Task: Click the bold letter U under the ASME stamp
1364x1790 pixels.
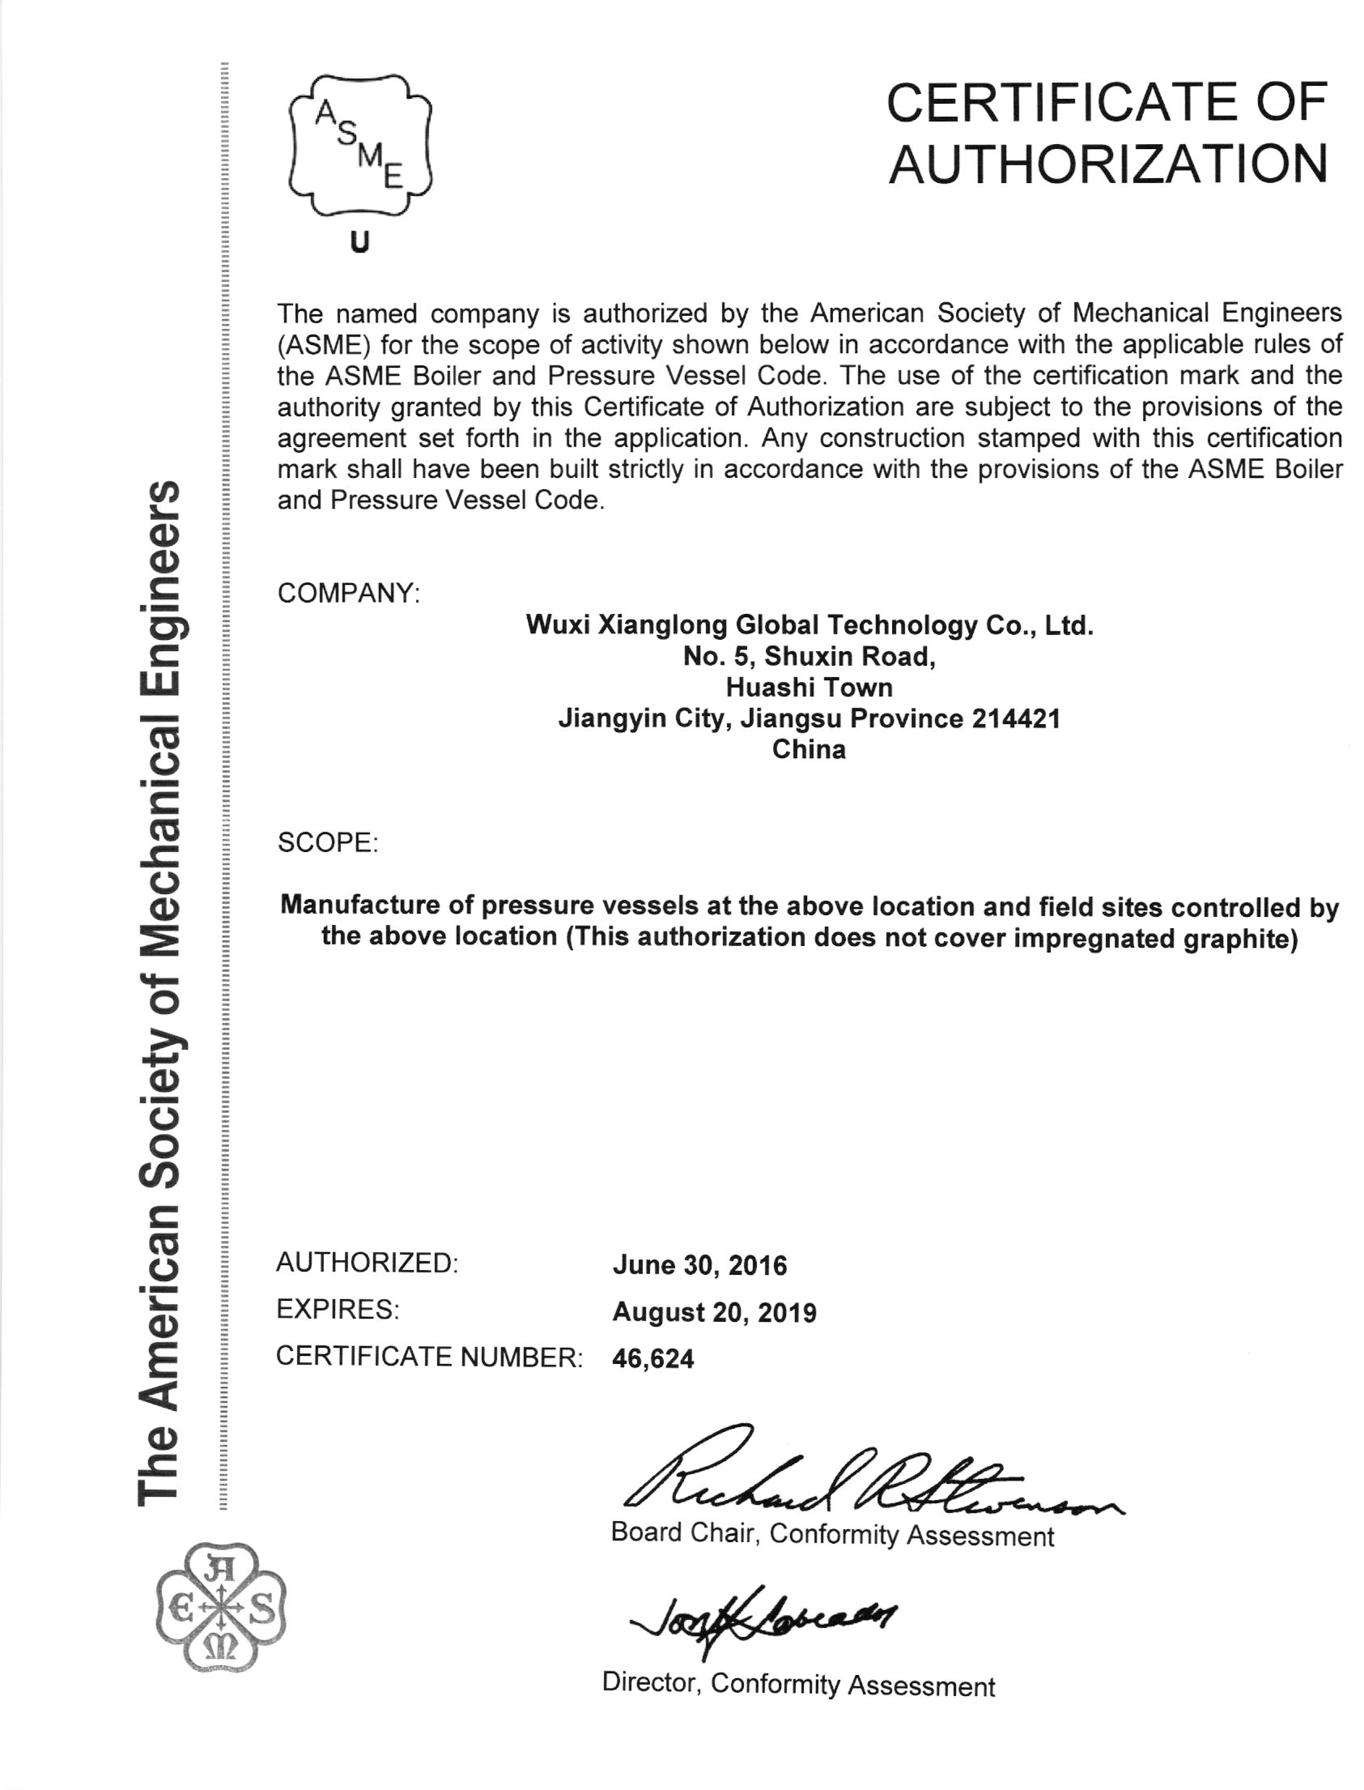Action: coord(359,242)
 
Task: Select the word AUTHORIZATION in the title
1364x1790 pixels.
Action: coord(1108,164)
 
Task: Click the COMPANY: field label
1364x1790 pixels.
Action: coord(348,593)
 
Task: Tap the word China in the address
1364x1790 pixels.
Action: coord(809,749)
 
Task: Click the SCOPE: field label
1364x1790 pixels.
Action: coord(327,842)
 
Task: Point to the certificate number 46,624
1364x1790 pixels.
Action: coord(653,1358)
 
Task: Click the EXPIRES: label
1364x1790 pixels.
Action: coord(337,1309)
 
